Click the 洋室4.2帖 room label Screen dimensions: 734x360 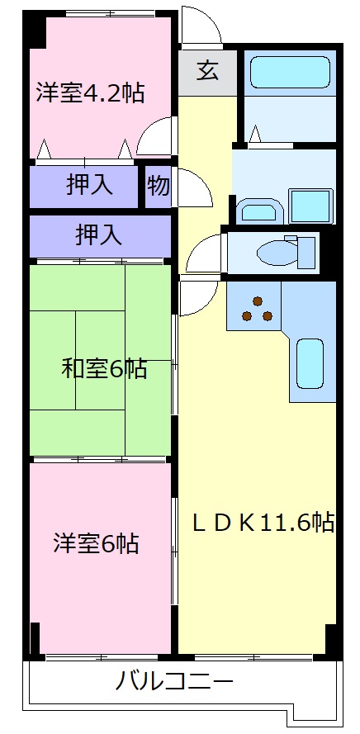click(x=90, y=92)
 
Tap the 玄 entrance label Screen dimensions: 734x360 click(x=207, y=71)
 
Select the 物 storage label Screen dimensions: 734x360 click(x=158, y=187)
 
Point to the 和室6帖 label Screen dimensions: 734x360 click(x=104, y=368)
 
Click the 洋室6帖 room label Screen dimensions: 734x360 click(x=96, y=543)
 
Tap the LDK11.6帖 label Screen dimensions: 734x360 click(x=263, y=522)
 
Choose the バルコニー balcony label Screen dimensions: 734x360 click(x=174, y=682)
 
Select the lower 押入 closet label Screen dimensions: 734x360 click(x=98, y=235)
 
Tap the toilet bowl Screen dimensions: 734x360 click(x=272, y=251)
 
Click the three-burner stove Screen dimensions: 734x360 click(x=256, y=308)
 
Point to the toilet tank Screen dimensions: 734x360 click(x=307, y=251)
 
